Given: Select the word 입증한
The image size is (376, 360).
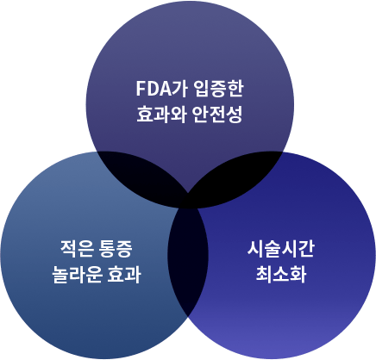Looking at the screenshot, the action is (x=218, y=89).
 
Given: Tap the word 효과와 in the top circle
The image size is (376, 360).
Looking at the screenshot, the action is (x=161, y=115).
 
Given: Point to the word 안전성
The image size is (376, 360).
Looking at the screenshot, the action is (x=217, y=115).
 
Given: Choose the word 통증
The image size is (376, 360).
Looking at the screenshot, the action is (x=116, y=249).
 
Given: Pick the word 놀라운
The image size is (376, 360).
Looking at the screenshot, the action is (x=77, y=275).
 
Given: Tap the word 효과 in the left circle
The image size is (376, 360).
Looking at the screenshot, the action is (x=124, y=275).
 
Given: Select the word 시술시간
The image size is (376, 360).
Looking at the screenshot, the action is (x=281, y=249).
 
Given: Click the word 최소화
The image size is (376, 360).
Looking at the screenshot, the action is (x=281, y=275).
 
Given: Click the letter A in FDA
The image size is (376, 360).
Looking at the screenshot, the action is (x=165, y=89).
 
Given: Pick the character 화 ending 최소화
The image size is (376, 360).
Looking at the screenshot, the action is (x=298, y=275).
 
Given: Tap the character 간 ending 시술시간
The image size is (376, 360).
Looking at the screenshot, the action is (x=306, y=249).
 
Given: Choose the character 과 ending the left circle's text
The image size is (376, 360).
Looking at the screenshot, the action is (x=133, y=275).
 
